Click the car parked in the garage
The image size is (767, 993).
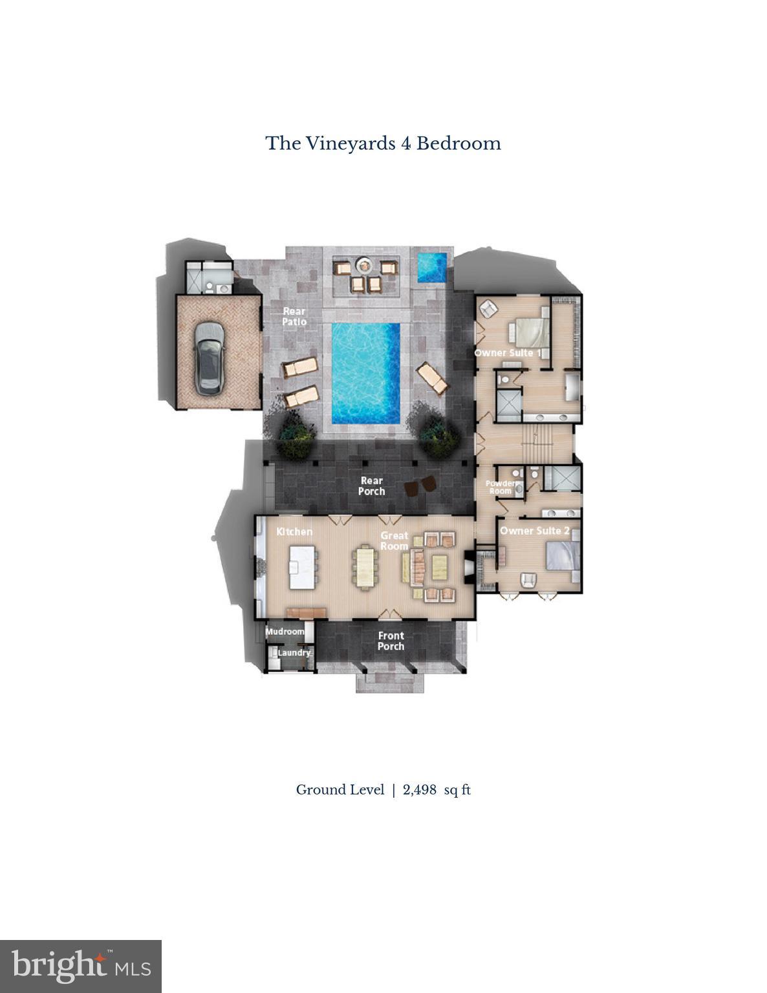coord(209,358)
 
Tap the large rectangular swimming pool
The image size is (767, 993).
coord(365,374)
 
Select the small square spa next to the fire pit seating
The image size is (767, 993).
coord(431,266)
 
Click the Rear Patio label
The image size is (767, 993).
coord(294,316)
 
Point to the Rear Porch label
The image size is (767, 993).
coord(372,486)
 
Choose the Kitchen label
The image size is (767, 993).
coord(294,531)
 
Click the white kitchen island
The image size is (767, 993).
coord(302,567)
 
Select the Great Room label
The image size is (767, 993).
coord(394,540)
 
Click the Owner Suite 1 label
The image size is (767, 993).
coord(508,352)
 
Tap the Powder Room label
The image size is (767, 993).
coord(501,487)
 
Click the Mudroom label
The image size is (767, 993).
coord(285,631)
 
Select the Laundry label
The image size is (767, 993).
coord(294,653)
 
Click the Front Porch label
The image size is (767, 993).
coord(391,641)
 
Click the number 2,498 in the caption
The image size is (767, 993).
coord(420,789)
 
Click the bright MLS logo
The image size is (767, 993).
coord(81,966)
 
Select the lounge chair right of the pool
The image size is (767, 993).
coord(432,378)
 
